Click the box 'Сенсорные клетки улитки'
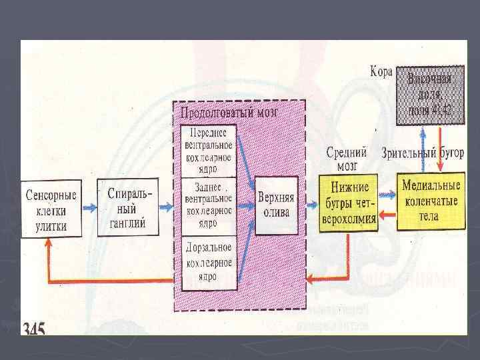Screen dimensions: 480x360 [51, 209]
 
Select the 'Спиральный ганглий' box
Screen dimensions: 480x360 [127, 207]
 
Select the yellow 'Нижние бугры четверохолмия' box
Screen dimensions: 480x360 [348, 202]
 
